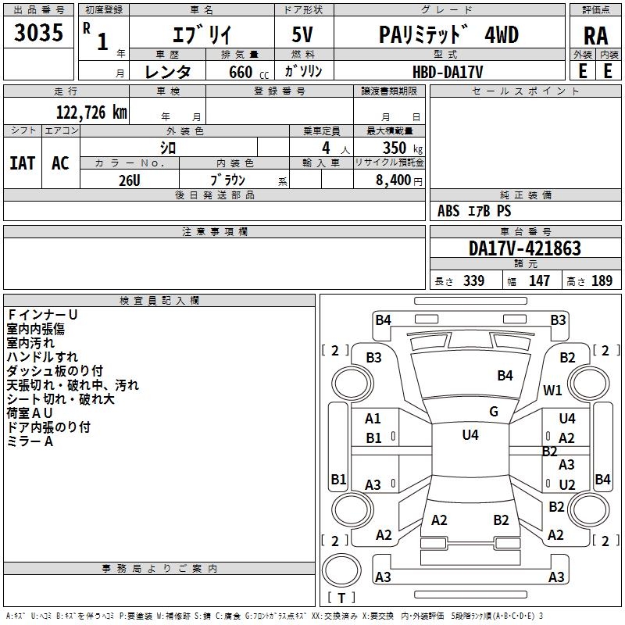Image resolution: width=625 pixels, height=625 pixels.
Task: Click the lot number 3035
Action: pos(38,34)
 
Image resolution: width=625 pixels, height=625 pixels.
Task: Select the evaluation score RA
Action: pos(595,35)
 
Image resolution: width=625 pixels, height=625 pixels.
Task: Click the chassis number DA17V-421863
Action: pos(524,248)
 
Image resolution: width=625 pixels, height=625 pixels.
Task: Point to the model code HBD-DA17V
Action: pos(448,71)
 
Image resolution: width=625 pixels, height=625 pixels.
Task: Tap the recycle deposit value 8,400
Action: pos(395,180)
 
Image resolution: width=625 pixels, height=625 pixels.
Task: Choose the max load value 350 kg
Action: pos(398,148)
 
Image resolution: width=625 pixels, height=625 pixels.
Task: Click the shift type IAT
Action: pos(22,162)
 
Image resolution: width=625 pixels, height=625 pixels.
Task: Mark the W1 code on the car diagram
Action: pos(552,390)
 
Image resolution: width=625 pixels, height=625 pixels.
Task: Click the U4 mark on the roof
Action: pos(470,435)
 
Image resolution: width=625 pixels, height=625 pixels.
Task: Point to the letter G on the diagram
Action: pos(493,412)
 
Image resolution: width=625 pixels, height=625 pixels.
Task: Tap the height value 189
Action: pos(602,281)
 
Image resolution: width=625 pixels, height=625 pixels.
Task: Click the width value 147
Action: pos(539,281)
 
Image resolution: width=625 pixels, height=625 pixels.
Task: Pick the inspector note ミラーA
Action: pos(30,441)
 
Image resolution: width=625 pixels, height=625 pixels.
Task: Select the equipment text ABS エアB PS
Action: pos(474,211)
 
